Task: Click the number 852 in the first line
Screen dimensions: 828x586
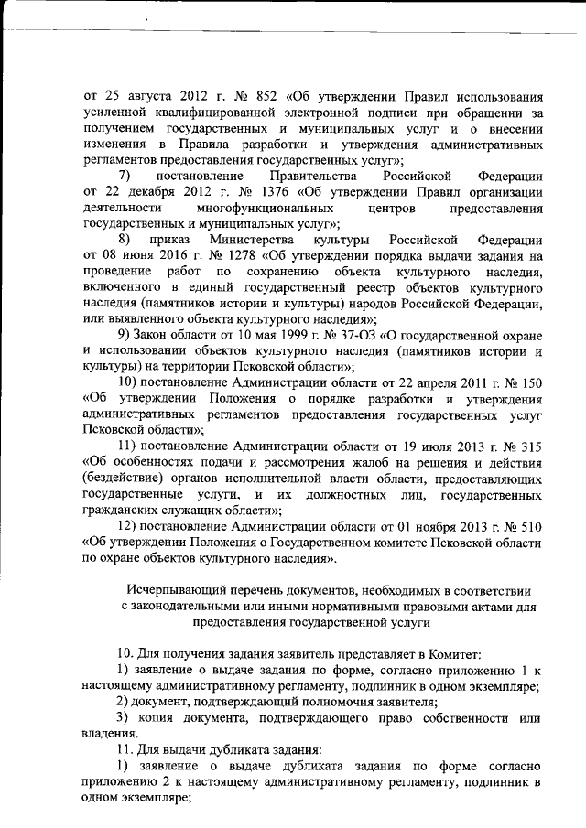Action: [265, 96]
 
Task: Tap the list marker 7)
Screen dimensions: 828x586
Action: [126, 175]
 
